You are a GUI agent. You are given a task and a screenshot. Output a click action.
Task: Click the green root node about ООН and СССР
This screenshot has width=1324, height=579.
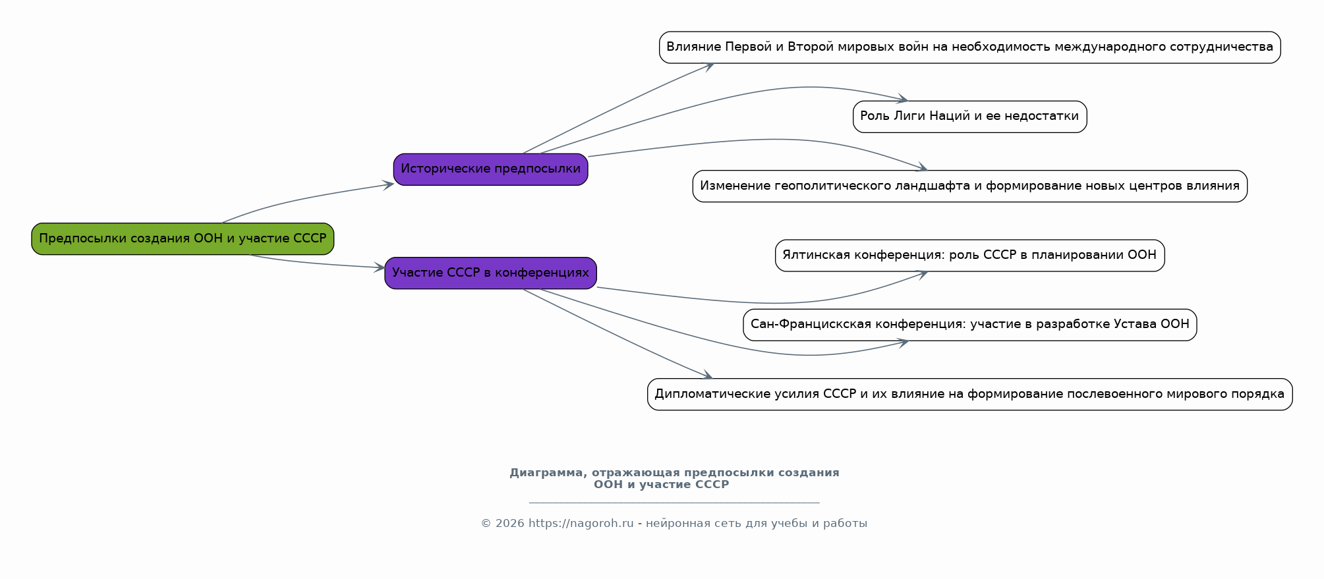183,239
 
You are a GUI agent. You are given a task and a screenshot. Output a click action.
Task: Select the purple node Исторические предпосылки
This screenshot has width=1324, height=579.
490,169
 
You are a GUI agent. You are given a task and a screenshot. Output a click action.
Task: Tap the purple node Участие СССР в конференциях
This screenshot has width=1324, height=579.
490,273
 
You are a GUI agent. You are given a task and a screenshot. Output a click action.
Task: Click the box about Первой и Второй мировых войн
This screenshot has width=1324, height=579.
969,47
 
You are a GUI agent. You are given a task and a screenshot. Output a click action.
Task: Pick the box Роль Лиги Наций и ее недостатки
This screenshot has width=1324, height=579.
969,117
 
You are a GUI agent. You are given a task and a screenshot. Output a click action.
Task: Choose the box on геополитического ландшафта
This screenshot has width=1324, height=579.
969,186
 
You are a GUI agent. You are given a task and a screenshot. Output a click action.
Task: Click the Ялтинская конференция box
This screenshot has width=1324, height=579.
969,256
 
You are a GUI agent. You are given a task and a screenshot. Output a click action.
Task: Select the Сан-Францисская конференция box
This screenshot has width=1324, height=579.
969,325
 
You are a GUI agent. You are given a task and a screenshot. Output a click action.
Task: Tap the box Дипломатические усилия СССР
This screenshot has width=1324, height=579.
969,395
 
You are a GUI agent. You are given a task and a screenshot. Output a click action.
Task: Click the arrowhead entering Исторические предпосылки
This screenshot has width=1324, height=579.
389,185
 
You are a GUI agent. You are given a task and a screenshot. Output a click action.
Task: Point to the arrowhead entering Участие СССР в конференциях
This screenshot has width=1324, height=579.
380,267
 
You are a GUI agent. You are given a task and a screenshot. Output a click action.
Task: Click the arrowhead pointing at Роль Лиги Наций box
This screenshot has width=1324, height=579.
903,99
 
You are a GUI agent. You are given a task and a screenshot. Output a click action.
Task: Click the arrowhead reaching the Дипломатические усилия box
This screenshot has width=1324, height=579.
707,376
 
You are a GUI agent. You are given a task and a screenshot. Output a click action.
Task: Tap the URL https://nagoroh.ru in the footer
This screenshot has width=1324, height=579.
581,524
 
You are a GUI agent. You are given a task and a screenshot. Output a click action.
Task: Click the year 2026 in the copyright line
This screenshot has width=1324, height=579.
509,524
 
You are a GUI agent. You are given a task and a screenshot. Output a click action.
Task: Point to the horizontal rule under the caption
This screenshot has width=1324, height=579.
674,503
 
